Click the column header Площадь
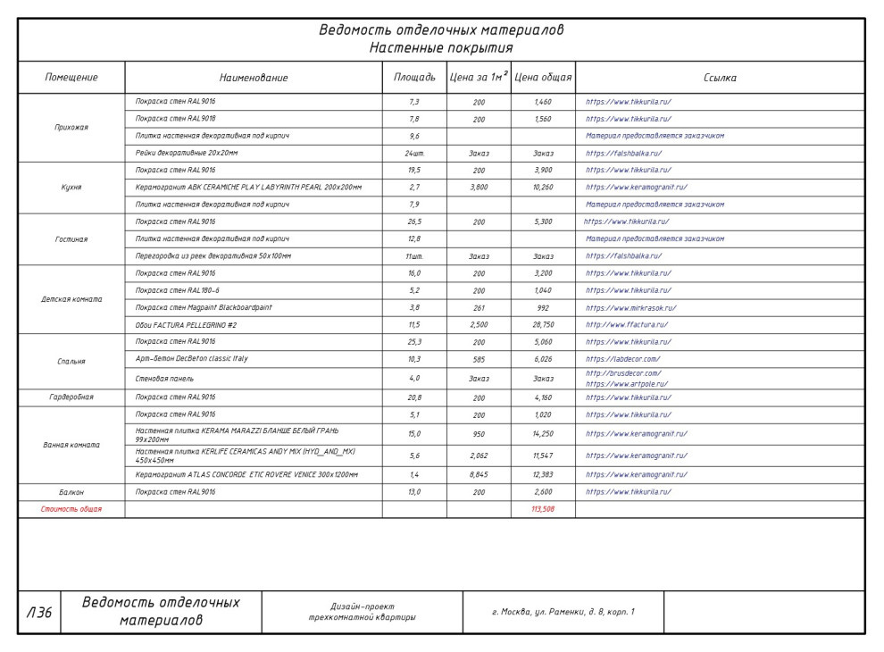[414, 78]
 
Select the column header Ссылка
[720, 78]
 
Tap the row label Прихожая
[71, 128]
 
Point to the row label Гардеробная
[71, 397]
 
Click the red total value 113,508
[543, 509]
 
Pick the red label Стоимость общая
[71, 509]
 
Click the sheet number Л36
[39, 613]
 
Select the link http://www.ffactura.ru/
[627, 325]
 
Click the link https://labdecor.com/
[622, 359]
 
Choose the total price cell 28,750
[543, 325]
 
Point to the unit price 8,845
[479, 475]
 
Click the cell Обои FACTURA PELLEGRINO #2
[186, 325]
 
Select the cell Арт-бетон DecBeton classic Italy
[191, 359]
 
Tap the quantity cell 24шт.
[414, 154]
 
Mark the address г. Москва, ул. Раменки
[563, 613]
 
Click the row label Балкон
[71, 492]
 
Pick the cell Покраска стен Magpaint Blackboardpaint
[204, 308]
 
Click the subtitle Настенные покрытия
[441, 47]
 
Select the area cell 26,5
[414, 222]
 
